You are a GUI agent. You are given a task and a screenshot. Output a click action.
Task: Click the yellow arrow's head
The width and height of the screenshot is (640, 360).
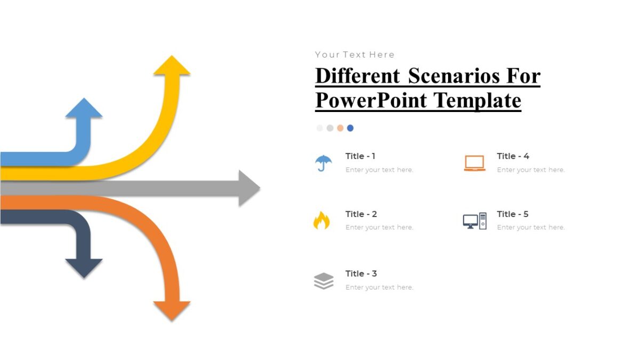pyautogui.click(x=172, y=66)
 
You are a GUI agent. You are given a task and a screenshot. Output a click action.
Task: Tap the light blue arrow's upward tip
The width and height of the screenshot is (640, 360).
pyautogui.click(x=84, y=108)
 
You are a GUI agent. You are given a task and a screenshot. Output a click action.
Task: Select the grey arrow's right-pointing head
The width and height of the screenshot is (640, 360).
pyautogui.click(x=248, y=188)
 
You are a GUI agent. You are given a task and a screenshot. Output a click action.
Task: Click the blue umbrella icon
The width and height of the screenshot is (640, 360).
pyautogui.click(x=323, y=163)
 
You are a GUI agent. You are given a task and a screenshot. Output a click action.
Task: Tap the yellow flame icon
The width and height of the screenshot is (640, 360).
pyautogui.click(x=322, y=220)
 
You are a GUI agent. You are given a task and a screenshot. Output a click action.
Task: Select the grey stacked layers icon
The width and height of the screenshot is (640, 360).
pyautogui.click(x=324, y=281)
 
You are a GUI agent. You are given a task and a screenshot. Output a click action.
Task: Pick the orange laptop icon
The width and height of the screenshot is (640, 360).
pyautogui.click(x=475, y=163)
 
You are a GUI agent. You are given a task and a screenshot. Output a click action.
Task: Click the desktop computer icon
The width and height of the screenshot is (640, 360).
pyautogui.click(x=475, y=221)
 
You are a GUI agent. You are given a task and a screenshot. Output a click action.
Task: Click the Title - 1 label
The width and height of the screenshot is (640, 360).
pyautogui.click(x=361, y=156)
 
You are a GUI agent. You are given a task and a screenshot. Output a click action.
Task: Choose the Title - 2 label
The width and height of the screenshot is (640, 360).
pyautogui.click(x=361, y=214)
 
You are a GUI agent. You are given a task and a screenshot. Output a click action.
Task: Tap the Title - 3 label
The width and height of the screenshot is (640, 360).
pyautogui.click(x=361, y=274)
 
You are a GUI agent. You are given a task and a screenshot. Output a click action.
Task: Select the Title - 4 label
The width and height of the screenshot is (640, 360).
pyautogui.click(x=513, y=156)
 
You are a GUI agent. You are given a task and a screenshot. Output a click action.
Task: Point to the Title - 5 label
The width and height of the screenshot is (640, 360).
pyautogui.click(x=513, y=214)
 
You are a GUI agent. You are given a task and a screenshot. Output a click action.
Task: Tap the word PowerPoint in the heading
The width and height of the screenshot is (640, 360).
pyautogui.click(x=372, y=100)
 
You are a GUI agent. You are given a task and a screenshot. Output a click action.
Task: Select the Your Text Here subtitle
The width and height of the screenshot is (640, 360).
pyautogui.click(x=355, y=54)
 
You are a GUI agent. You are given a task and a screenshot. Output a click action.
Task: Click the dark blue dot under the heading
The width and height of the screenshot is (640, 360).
pyautogui.click(x=350, y=128)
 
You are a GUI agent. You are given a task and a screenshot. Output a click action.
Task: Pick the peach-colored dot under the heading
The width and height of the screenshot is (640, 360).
pyautogui.click(x=340, y=128)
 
